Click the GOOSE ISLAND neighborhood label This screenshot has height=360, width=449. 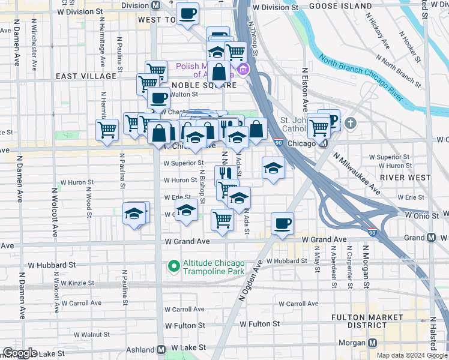pos(341,6)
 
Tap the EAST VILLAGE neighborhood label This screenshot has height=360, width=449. pos(86,76)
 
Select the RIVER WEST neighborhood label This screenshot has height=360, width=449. pos(405,178)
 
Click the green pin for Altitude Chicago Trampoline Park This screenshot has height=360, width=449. pos(174,265)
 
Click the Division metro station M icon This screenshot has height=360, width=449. pos(156,5)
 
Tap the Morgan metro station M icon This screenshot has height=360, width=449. pos(373,343)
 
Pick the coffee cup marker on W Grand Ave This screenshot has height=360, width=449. pos(282,224)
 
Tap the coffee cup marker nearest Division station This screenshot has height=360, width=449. pos(187,13)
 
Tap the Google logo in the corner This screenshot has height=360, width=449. pos(20,353)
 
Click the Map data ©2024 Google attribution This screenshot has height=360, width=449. pos(412,355)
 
